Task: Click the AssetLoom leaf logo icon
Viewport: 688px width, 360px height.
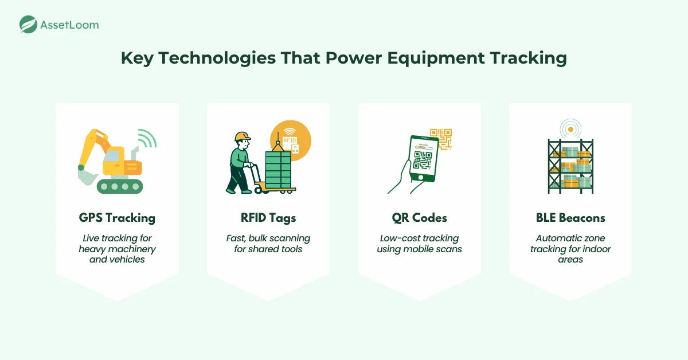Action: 28,24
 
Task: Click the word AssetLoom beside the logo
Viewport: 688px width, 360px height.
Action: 69,25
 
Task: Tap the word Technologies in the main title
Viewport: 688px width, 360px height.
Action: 206,59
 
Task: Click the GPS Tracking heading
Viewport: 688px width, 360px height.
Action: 117,218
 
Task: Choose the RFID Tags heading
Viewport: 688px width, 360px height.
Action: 268,218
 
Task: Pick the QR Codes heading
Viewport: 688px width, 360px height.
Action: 419,218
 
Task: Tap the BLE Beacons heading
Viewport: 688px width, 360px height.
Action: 570,218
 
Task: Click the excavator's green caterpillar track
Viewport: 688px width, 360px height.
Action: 119,186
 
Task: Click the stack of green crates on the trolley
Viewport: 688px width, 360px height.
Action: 277,170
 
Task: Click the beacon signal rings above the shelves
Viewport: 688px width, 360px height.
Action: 570,129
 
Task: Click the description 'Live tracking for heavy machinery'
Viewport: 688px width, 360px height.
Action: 117,244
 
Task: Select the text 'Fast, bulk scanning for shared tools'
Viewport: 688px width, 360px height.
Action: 268,244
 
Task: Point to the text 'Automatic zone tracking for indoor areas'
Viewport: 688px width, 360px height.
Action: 570,249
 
